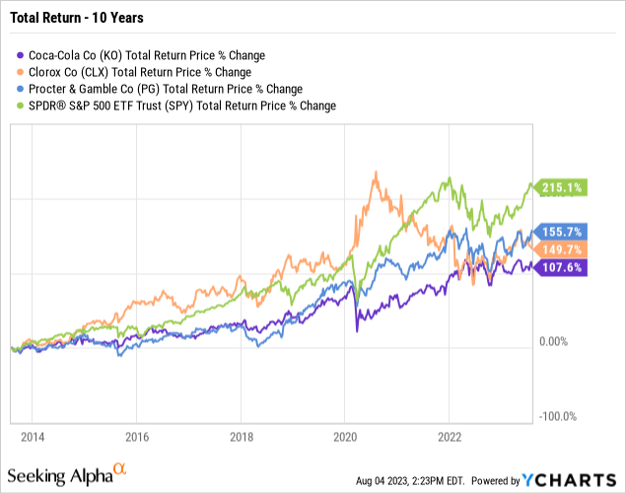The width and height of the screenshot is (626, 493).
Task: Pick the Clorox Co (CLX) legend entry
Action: pos(133,72)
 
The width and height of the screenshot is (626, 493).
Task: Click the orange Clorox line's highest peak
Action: pos(375,174)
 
